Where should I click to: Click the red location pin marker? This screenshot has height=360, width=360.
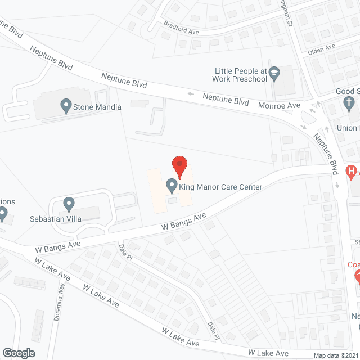[179, 166]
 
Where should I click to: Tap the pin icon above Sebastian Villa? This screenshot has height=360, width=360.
[69, 203]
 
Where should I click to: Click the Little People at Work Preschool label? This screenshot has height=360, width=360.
[241, 75]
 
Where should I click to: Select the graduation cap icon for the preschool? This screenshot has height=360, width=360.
[274, 73]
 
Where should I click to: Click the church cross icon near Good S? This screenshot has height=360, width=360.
[348, 103]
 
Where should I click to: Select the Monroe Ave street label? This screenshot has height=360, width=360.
[280, 105]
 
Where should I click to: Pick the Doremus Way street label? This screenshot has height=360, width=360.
[60, 295]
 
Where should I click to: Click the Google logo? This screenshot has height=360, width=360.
[18, 353]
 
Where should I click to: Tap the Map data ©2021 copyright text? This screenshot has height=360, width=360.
[336, 355]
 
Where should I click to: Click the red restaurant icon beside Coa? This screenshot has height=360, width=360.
[357, 276]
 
